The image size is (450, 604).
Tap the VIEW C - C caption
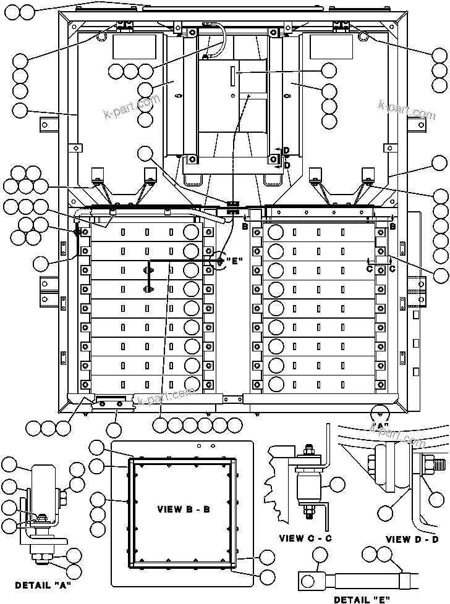coord(305,538)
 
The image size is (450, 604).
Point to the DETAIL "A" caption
coord(43,584)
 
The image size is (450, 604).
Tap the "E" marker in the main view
coord(232,261)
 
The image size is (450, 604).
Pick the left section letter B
coord(245,227)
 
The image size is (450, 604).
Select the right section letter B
coord(393,227)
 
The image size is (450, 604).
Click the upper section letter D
coord(286,151)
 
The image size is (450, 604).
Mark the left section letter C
coord(369,269)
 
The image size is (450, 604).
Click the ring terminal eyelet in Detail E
coord(307,579)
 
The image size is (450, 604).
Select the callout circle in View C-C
coord(337,485)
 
